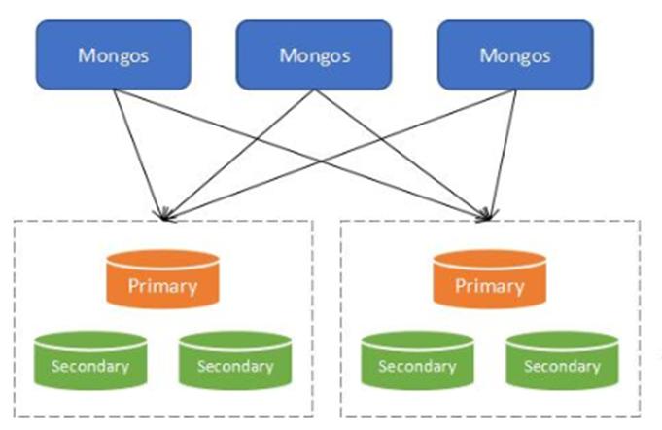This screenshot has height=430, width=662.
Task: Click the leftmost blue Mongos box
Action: point(114,54)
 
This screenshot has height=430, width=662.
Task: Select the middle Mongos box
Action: point(314,54)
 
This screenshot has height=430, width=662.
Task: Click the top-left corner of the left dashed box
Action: point(14,222)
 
